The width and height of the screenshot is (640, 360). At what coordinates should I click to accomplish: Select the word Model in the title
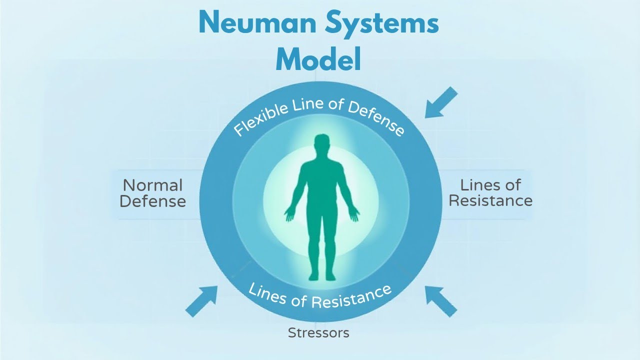(318, 59)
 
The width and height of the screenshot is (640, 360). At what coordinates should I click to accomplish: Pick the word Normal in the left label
(152, 185)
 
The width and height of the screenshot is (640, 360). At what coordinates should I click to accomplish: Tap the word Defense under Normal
(153, 201)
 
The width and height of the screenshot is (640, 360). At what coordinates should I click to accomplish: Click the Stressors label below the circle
(318, 332)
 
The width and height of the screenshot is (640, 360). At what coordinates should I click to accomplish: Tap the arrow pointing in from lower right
(441, 301)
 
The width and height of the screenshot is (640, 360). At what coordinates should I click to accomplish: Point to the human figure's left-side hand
(289, 214)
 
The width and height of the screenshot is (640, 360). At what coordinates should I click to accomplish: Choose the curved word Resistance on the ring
(350, 296)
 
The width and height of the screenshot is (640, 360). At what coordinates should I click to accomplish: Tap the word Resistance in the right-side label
(490, 201)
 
